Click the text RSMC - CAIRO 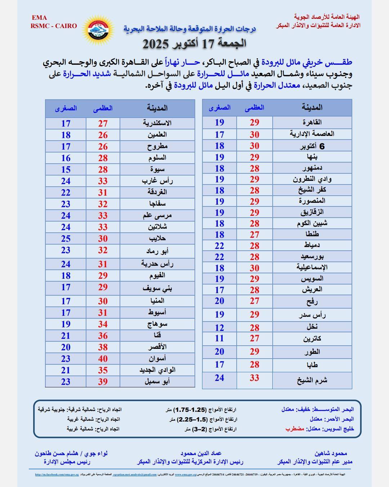pos(54,26)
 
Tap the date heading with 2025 pos(194,44)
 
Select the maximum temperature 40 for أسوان pos(103,359)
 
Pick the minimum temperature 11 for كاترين pos(219,338)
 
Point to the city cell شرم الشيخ pos(312,381)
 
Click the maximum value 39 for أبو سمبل pos(103,382)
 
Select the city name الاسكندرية pos(157,123)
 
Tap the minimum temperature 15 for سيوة pos(66,169)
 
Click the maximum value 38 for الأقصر pos(103,347)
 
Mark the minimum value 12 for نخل pos(219,328)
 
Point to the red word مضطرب pos(295,429)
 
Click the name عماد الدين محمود pos(201,454)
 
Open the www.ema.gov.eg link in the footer pos(185,474)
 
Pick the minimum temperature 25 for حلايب pos(66,238)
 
